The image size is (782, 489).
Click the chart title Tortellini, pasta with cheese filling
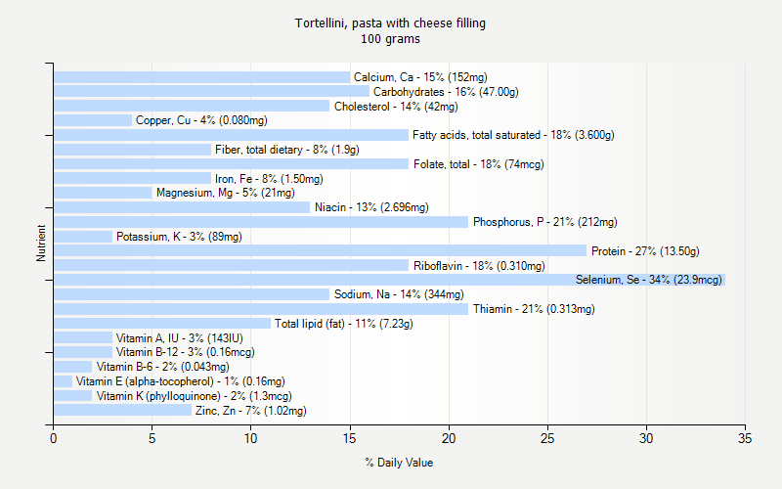point(390,22)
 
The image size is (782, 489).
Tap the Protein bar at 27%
point(320,250)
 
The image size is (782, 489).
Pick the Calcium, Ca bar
point(201,77)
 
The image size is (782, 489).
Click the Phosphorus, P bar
point(261,222)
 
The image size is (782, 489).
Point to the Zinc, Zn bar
point(122,411)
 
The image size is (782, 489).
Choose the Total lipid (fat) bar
point(162,324)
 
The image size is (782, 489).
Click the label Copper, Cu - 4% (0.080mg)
point(201,120)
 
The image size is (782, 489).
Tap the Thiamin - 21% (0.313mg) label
point(534,309)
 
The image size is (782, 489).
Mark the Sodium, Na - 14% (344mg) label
point(399,294)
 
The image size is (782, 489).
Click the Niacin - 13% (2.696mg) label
point(371,207)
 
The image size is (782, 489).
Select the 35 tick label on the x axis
point(746,439)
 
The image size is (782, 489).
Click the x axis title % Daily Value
point(399,463)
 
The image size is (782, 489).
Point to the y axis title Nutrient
point(41,244)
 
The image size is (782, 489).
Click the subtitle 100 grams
point(390,39)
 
